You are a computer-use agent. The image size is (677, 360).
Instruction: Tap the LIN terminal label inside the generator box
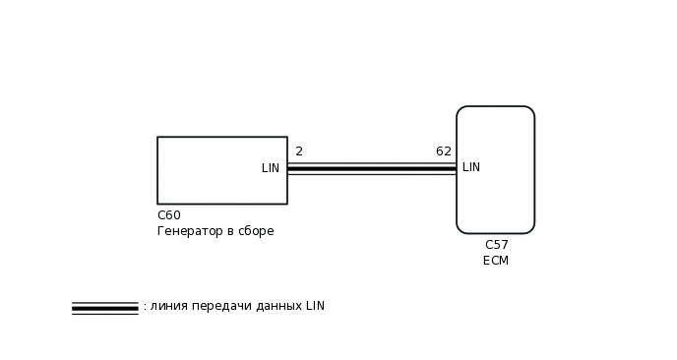[271, 168]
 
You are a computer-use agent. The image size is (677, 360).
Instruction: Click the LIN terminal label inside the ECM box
[471, 167]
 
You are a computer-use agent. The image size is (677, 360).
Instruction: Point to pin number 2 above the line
[299, 151]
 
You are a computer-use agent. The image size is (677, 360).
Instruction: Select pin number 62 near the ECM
[444, 151]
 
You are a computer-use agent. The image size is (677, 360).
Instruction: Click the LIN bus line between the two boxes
[372, 169]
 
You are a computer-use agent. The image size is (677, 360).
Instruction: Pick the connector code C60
[169, 215]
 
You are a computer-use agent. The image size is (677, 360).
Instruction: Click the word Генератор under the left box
[188, 231]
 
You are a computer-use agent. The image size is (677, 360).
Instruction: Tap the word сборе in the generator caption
[256, 231]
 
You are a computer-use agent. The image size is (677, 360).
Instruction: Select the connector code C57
[497, 245]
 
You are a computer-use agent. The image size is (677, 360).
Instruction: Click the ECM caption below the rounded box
[496, 261]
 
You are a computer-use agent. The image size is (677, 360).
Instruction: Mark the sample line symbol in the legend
[104, 308]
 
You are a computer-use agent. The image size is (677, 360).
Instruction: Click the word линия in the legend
[168, 306]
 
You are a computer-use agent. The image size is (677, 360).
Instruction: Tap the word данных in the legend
[277, 306]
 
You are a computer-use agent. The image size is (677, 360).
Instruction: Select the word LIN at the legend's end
[315, 306]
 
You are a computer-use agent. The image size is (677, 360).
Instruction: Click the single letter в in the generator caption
[230, 231]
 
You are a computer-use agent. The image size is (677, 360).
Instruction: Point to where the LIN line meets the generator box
[287, 169]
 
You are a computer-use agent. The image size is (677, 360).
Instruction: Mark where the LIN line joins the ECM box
[457, 169]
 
